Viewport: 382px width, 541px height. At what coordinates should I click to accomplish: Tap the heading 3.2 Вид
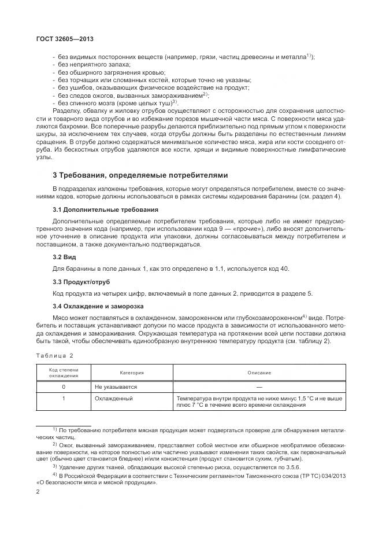pos(64,256)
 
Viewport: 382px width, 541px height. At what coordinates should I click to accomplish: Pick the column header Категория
pos(132,373)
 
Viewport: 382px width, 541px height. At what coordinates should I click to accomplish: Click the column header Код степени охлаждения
pos(63,373)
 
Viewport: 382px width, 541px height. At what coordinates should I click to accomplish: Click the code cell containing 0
pos(63,386)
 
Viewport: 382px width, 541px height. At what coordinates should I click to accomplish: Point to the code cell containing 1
pos(63,399)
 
